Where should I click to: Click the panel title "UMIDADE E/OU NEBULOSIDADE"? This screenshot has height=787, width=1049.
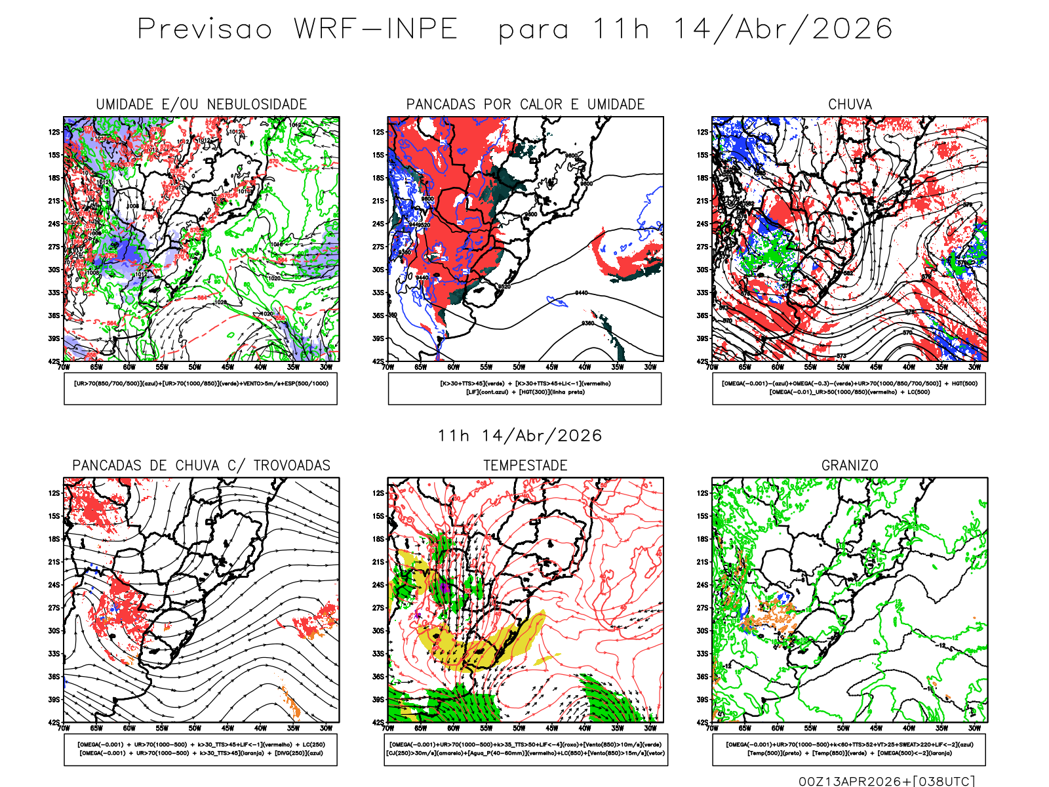(201, 104)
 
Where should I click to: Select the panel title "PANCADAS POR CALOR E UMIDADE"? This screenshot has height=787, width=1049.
(525, 104)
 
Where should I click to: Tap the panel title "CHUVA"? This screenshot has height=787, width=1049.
(850, 104)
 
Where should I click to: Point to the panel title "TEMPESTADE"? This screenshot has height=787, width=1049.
(525, 466)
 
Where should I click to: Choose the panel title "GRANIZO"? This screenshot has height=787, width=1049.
(850, 466)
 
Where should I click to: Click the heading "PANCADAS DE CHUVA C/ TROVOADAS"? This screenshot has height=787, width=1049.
(201, 466)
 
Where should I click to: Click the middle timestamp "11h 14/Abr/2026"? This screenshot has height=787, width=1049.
(519, 435)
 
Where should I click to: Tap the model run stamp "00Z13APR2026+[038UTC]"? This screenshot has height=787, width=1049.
(886, 781)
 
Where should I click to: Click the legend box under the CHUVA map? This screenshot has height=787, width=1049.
(849, 388)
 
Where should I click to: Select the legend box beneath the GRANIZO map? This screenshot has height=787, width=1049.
(849, 749)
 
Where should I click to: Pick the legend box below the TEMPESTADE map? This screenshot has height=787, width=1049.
(526, 749)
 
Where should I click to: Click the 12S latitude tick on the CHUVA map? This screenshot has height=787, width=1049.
(703, 132)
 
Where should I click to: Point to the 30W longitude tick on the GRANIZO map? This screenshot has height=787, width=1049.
(974, 728)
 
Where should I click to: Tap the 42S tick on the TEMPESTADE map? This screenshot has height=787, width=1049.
(378, 722)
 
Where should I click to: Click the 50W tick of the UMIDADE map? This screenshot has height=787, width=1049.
(195, 367)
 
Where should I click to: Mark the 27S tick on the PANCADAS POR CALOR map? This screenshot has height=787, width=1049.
(378, 247)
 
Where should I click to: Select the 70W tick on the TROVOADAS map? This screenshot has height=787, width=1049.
(64, 728)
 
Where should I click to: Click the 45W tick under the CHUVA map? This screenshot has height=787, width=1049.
(876, 367)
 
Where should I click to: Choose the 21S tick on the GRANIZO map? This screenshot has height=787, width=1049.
(703, 562)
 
